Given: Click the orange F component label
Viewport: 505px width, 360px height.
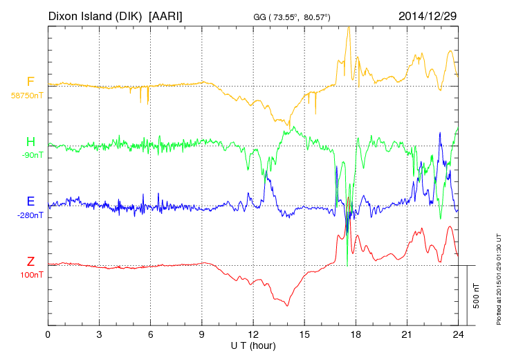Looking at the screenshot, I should (30, 82).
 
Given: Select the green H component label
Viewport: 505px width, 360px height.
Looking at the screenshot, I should (30, 142).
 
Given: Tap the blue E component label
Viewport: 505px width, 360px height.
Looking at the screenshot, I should (30, 201).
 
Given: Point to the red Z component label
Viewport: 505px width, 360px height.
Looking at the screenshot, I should (30, 261).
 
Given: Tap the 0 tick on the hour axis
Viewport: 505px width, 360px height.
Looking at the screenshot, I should (48, 334).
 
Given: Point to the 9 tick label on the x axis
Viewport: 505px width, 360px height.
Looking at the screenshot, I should (202, 334).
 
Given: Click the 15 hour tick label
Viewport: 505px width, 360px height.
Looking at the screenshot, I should (304, 334).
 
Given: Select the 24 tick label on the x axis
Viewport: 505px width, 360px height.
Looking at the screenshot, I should (458, 334).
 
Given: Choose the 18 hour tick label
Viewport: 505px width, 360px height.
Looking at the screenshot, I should (356, 334).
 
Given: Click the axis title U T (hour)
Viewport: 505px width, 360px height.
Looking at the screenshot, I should (253, 345).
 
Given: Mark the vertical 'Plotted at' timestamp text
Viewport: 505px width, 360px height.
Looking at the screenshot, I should (499, 277).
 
